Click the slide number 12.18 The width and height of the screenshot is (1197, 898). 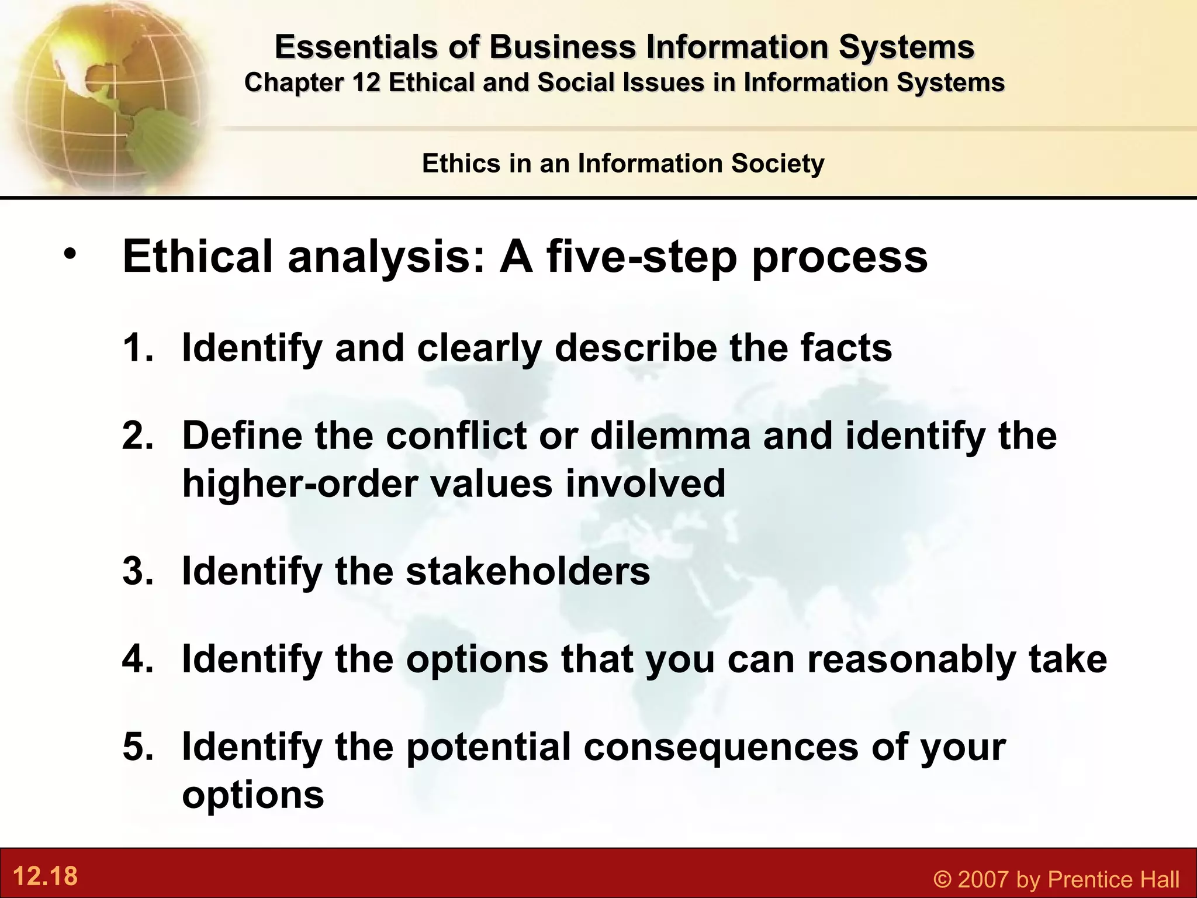point(45,876)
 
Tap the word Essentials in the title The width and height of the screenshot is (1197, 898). point(356,47)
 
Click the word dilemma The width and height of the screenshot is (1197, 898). point(670,436)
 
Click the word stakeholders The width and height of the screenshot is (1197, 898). point(528,571)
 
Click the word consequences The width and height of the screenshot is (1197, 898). point(721,747)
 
